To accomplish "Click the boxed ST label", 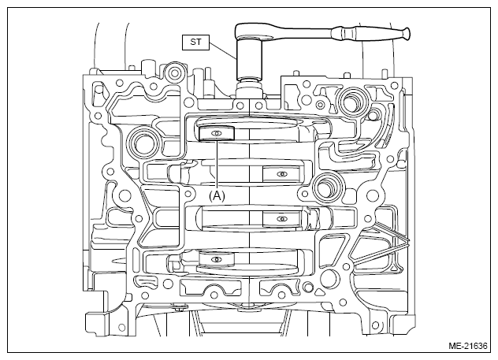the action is pyautogui.click(x=195, y=43).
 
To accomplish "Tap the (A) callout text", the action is pyautogui.click(x=217, y=196).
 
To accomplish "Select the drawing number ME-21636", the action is pyautogui.click(x=468, y=346).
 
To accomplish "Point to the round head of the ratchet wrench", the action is pyautogui.click(x=250, y=31).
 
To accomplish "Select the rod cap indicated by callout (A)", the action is pyautogui.click(x=216, y=133).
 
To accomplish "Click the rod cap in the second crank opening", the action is pyautogui.click(x=281, y=174).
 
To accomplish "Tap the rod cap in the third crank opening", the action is pyautogui.click(x=281, y=219).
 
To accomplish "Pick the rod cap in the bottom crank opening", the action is pyautogui.click(x=217, y=260).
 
